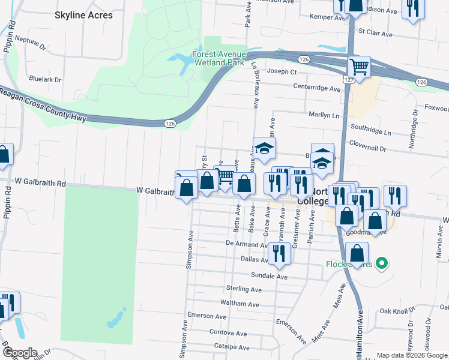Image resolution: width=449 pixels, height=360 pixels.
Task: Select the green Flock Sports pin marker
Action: click(x=381, y=263)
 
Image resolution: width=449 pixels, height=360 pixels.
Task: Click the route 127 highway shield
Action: click(x=349, y=79)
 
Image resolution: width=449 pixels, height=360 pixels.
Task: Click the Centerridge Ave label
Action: click(x=316, y=88)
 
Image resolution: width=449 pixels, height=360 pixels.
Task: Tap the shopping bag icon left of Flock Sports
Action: click(x=357, y=253)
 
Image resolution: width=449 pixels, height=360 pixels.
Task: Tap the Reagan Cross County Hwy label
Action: click(x=43, y=106)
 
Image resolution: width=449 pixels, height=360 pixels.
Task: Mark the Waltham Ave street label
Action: click(x=240, y=304)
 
